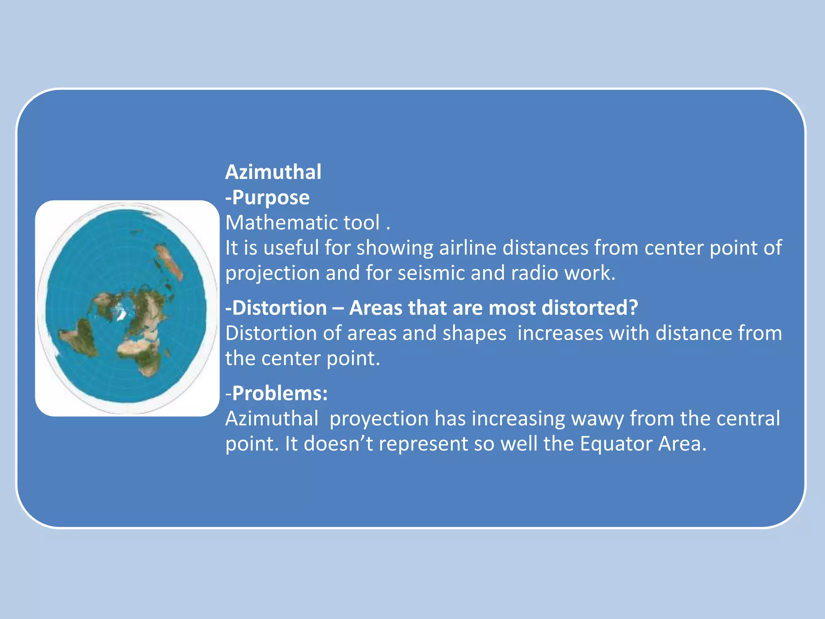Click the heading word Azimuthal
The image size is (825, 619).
point(273,172)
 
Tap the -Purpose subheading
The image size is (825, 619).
point(267,197)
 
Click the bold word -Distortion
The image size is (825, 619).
point(276,308)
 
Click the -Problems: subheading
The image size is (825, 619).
point(277,393)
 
